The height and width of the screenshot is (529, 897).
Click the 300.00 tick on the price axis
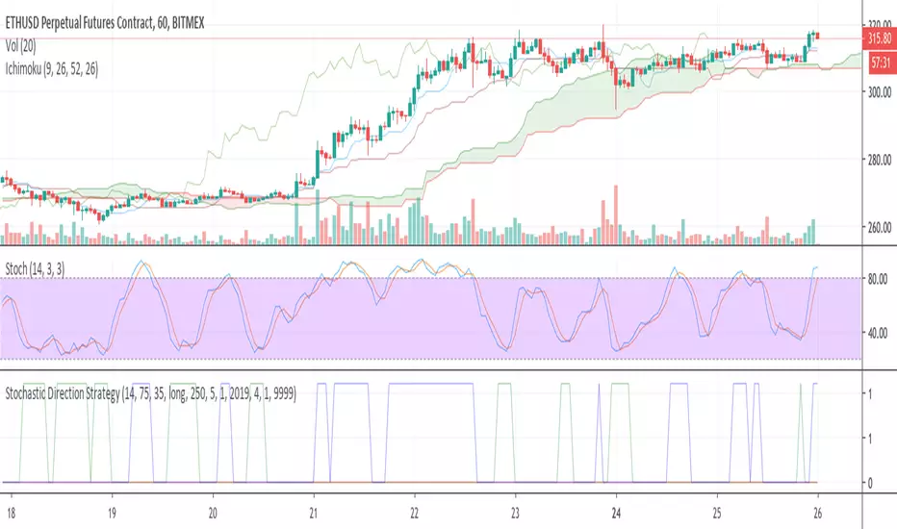pos(877,92)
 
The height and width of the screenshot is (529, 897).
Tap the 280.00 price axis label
pos(877,161)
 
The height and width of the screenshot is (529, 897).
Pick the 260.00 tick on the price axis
pos(877,229)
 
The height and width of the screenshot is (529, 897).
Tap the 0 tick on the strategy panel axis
pos(871,483)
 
